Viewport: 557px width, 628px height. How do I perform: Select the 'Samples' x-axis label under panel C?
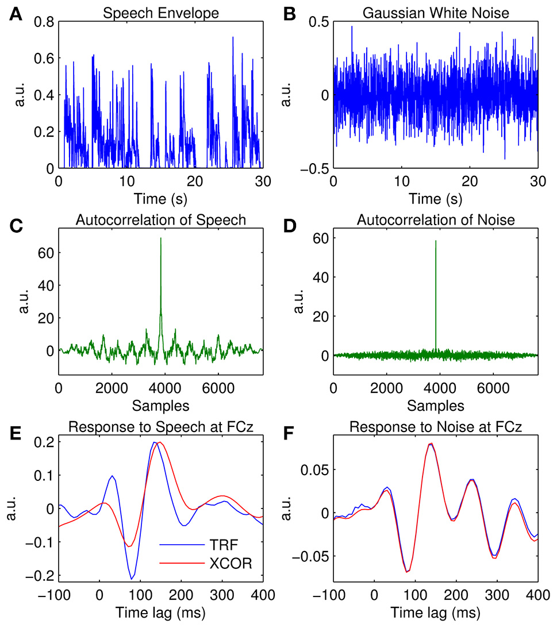point(161,406)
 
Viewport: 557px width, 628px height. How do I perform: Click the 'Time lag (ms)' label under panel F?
point(435,614)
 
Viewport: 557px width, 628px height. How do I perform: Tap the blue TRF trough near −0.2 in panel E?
point(132,578)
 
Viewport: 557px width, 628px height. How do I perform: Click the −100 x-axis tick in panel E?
point(59,597)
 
